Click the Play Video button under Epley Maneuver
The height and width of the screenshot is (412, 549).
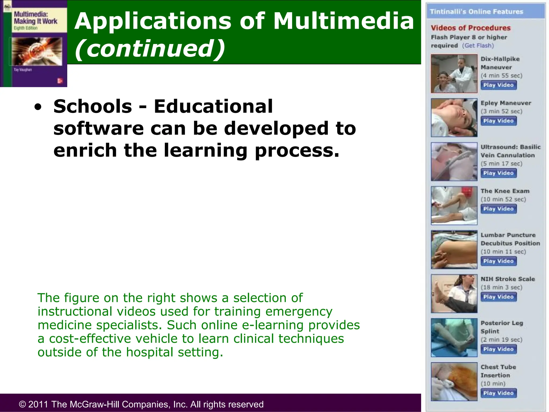[x=498, y=121]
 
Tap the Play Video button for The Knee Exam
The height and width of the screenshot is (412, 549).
[x=498, y=209]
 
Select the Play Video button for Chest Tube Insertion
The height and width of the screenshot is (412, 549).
[x=498, y=393]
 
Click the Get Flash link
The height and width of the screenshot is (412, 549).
[x=478, y=46]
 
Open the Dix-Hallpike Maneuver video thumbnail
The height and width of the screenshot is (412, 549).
[x=454, y=73]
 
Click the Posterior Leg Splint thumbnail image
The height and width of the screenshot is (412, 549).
[x=454, y=337]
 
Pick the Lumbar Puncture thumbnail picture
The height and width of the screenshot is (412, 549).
[x=454, y=249]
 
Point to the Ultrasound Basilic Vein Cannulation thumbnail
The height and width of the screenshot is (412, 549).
[x=454, y=161]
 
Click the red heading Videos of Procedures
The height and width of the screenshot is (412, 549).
[x=471, y=28]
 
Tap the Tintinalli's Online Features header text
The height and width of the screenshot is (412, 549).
[x=476, y=12]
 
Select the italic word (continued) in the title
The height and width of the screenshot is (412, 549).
[x=150, y=49]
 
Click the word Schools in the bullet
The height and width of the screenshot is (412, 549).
[x=93, y=106]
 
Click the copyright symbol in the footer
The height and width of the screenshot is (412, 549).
[x=22, y=404]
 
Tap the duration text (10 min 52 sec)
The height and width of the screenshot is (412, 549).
[x=503, y=199]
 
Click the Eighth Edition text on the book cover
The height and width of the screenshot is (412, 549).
[x=26, y=28]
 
